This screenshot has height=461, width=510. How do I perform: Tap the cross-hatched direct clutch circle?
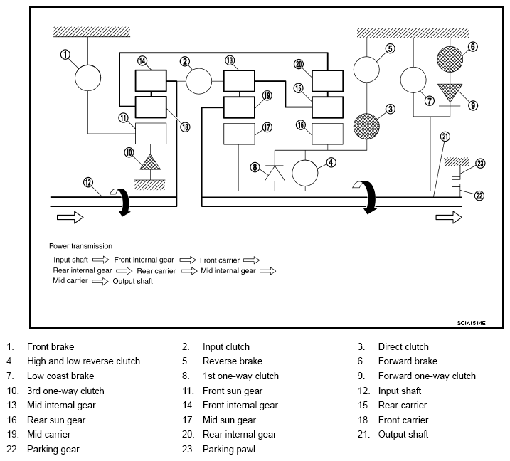pos(366,126)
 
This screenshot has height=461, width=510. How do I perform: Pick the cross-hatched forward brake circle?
pos(450,59)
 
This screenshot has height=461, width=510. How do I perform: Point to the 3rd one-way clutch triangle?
pos(150,162)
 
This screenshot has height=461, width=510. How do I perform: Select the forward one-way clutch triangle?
pos(450,93)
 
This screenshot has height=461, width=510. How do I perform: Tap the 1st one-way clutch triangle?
pos(275,174)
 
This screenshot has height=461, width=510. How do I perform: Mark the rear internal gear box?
pos(327,80)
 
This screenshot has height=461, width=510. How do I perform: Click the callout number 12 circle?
pos(88,182)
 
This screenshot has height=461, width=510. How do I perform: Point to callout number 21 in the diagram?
pos(445,137)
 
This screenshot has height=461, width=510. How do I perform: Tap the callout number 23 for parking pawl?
pos(480,164)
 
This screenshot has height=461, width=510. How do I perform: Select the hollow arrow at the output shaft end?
pos(449,217)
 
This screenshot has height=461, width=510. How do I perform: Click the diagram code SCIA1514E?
pos(471,323)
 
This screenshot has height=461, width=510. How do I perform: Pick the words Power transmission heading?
pos(80,246)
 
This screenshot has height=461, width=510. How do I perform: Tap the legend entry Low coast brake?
pos(60,376)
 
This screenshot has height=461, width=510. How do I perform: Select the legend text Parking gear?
pos(53,450)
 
